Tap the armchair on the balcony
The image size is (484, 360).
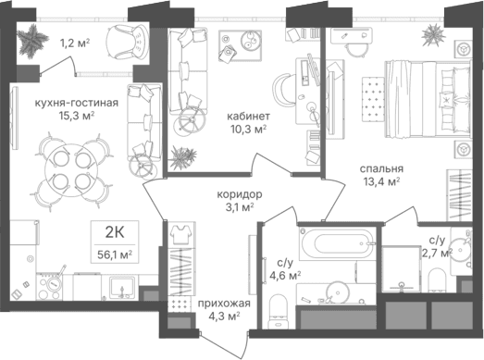point(127,42)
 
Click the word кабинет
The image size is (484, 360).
point(249,117)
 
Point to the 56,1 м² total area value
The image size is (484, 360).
point(115,254)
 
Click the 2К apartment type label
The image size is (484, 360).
point(115,233)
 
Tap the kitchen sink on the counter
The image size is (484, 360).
point(123,288)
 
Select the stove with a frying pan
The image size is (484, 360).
point(49,287)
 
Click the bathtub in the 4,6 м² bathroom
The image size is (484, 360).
point(338,243)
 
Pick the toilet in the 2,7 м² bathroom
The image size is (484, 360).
point(438,280)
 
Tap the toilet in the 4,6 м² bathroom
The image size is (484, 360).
point(279,312)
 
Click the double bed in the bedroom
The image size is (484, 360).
point(428,99)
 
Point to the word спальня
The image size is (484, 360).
point(381,168)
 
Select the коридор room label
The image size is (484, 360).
point(240,194)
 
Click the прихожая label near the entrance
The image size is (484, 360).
point(224,304)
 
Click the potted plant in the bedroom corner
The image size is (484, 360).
point(433,35)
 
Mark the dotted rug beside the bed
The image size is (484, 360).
point(373,98)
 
